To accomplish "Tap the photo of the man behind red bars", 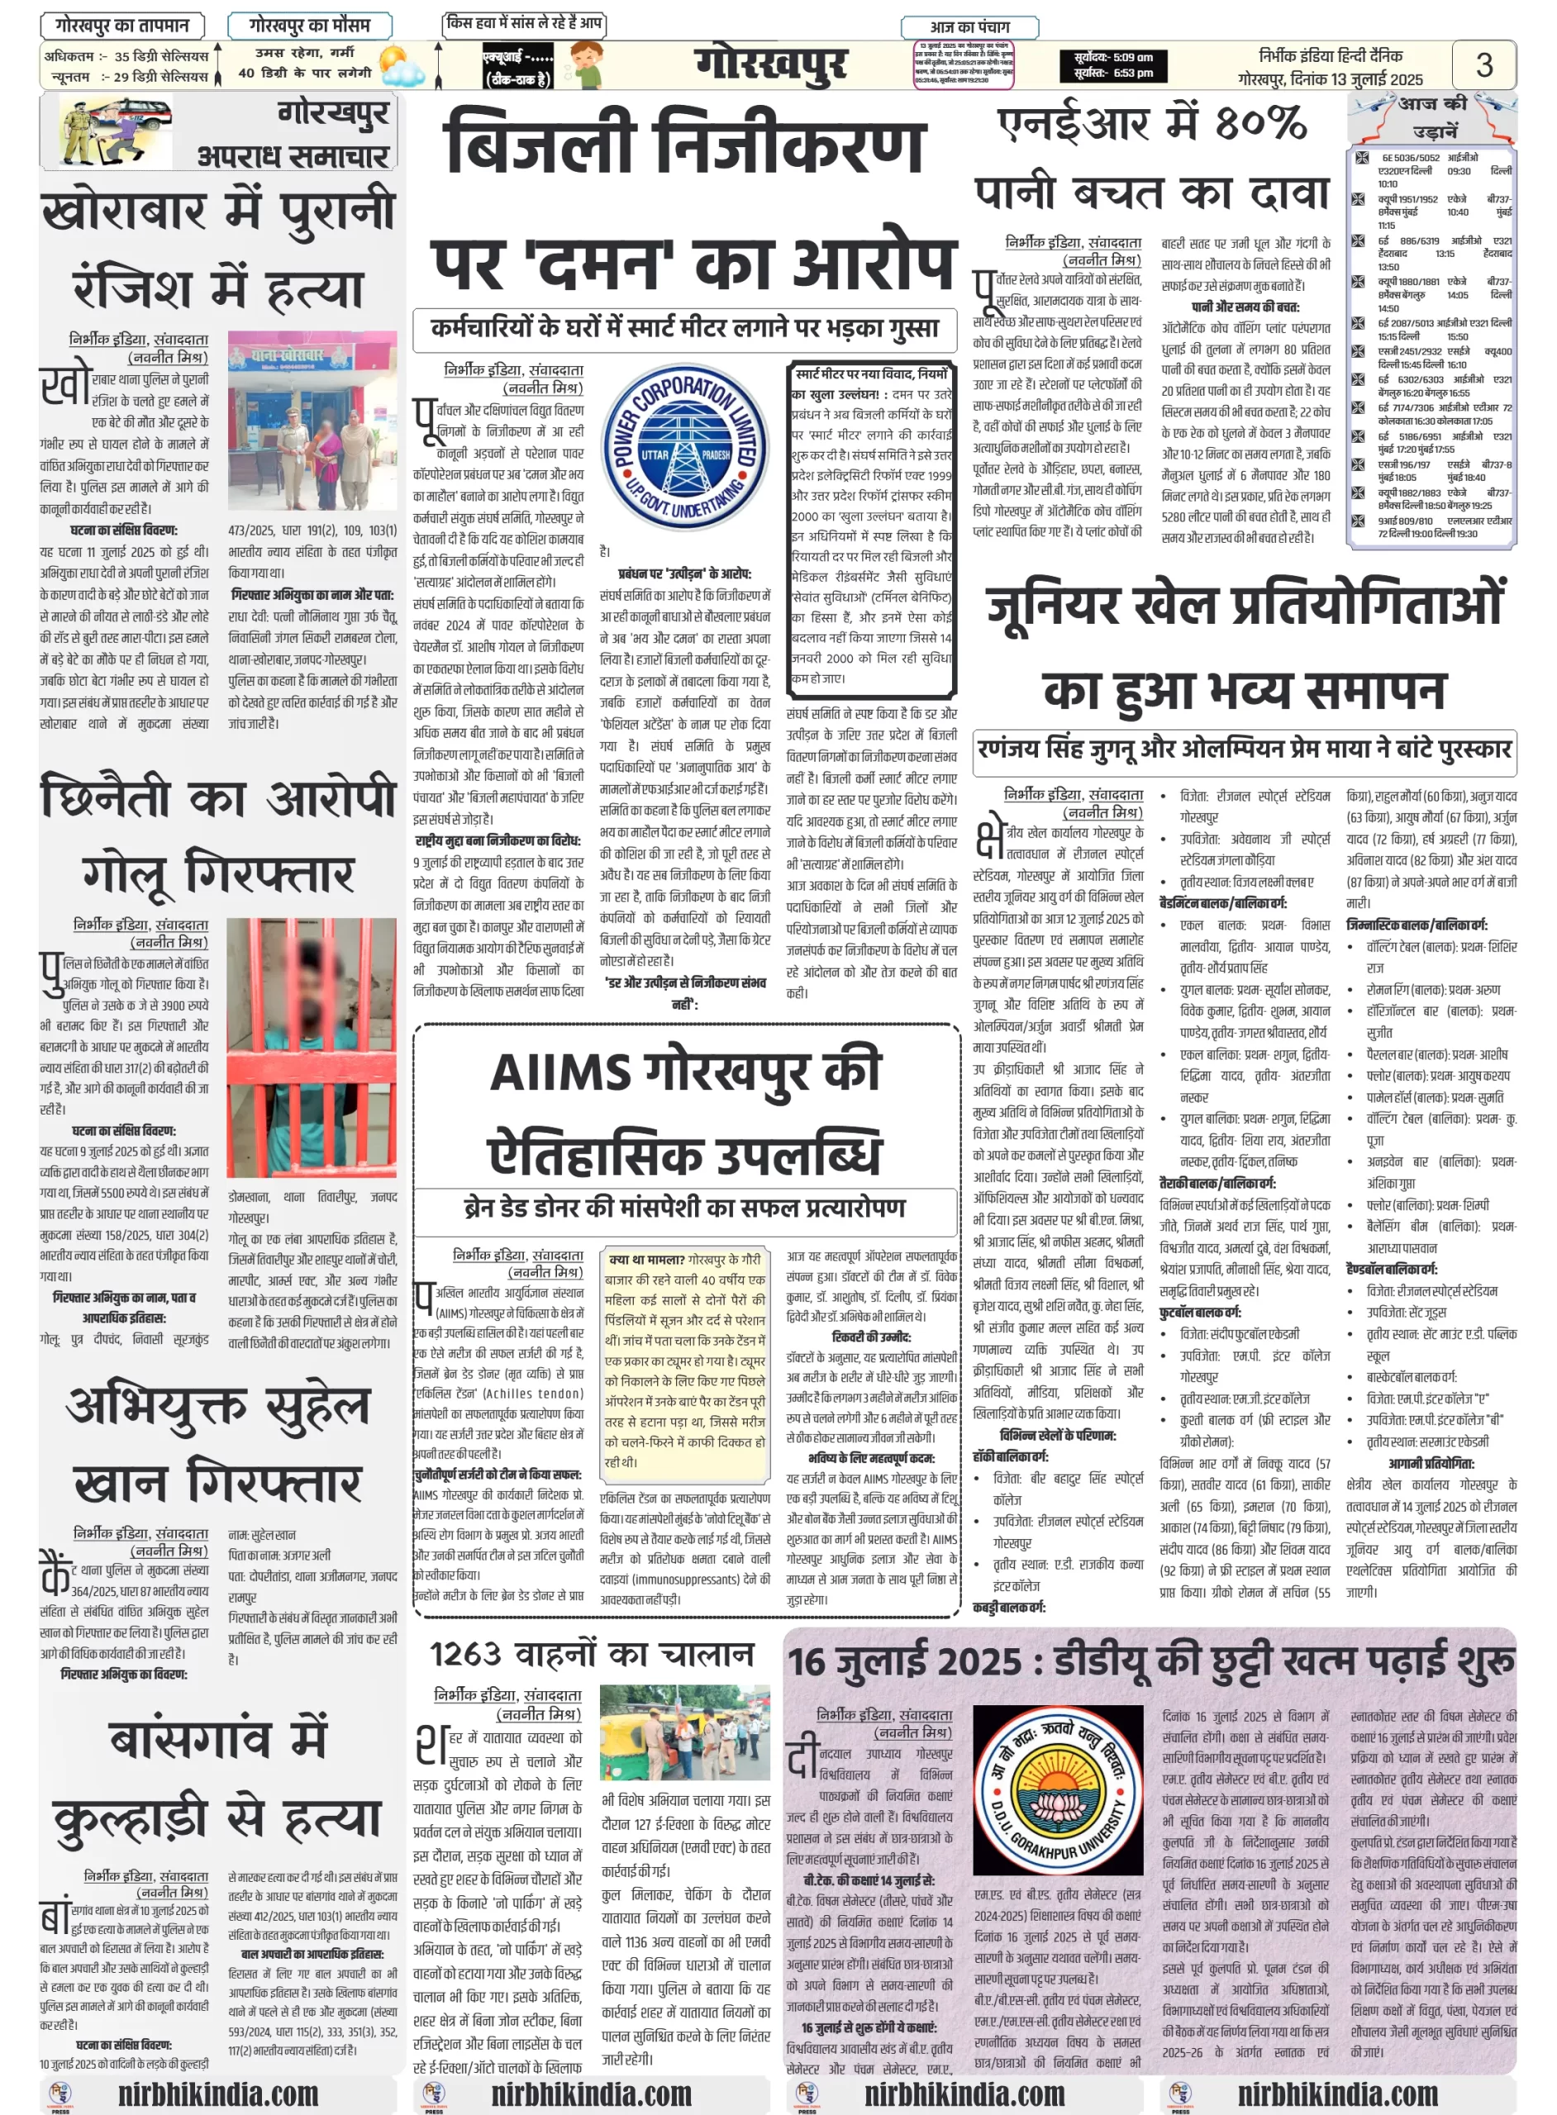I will [311, 1047].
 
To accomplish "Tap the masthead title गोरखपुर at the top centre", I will [770, 64].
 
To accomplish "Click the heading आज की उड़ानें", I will [1432, 116].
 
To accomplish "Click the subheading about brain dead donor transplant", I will [684, 1207].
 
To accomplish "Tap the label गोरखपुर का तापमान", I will [122, 26].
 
